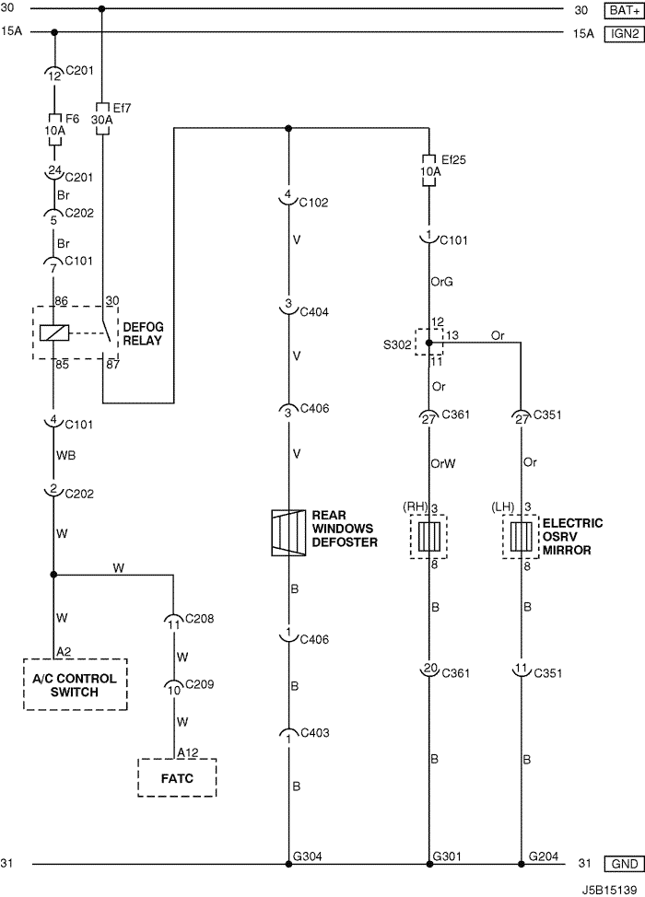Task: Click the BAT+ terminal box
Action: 625,10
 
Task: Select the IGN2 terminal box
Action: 625,33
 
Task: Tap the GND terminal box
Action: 625,864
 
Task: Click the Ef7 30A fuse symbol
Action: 102,119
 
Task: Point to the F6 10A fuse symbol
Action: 54,130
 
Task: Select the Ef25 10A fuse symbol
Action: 429,170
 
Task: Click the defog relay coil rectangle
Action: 54,332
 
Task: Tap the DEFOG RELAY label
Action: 143,333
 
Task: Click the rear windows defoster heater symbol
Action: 288,532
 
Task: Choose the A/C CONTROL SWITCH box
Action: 75,685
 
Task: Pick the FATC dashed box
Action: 177,778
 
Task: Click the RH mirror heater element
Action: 428,537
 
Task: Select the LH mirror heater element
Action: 521,537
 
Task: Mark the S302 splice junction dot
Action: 429,343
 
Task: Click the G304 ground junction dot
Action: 288,864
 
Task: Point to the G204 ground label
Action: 543,856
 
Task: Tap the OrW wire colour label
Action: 443,463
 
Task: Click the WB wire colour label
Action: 65,455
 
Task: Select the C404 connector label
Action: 314,312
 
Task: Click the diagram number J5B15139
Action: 609,891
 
